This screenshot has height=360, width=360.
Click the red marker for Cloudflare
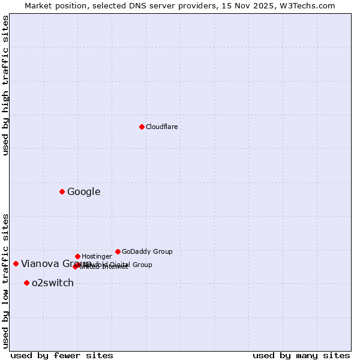click(142, 127)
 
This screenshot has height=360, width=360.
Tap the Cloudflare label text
click(162, 127)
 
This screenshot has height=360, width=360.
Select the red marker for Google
click(62, 191)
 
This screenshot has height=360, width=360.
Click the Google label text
click(84, 192)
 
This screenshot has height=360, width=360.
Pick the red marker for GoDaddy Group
click(118, 251)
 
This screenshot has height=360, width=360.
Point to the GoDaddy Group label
click(147, 252)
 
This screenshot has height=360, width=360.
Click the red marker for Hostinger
click(77, 256)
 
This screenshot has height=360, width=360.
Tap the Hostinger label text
click(97, 257)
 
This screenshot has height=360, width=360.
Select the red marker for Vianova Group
click(16, 263)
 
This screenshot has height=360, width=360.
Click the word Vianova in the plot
click(40, 264)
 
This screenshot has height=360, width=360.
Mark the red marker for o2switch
click(26, 283)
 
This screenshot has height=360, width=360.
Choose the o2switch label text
click(53, 283)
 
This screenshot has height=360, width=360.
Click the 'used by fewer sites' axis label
click(62, 355)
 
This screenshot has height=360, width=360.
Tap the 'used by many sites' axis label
click(301, 355)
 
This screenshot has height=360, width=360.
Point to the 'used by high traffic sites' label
click(6, 85)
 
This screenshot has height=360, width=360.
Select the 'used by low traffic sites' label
click(6, 281)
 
